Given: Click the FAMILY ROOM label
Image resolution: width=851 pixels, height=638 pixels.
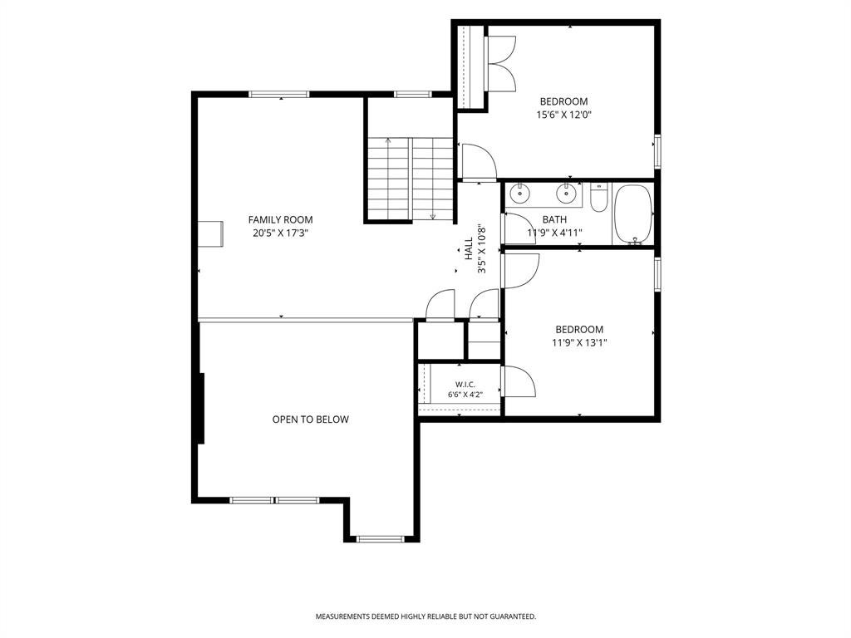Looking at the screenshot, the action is pyautogui.click(x=280, y=219).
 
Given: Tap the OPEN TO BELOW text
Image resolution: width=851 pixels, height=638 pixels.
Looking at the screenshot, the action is pyautogui.click(x=311, y=420).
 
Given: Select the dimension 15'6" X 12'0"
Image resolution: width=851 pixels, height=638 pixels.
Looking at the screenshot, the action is pyautogui.click(x=563, y=115).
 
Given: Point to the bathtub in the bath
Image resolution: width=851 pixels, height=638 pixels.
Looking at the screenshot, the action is pyautogui.click(x=632, y=214).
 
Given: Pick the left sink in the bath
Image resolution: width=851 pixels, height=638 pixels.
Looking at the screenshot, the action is pyautogui.click(x=520, y=193).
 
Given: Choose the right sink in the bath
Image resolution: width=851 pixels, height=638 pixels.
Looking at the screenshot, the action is pyautogui.click(x=566, y=193).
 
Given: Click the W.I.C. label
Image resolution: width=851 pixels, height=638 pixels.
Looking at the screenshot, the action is pyautogui.click(x=465, y=385).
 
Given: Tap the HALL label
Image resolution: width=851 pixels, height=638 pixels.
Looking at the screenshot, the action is pyautogui.click(x=469, y=250).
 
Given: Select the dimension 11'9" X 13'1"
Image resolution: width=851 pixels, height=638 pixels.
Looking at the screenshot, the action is pyautogui.click(x=579, y=343).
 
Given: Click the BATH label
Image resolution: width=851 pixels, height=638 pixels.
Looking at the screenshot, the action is pyautogui.click(x=554, y=219).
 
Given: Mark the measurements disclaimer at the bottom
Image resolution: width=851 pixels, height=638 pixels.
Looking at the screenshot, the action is pyautogui.click(x=426, y=616).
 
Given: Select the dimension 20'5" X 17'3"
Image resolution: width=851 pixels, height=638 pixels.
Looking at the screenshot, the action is pyautogui.click(x=280, y=233).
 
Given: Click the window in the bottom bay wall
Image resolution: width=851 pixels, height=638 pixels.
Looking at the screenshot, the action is pyautogui.click(x=381, y=538).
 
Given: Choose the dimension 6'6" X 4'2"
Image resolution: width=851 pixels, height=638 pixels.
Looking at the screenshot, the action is pyautogui.click(x=465, y=395).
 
